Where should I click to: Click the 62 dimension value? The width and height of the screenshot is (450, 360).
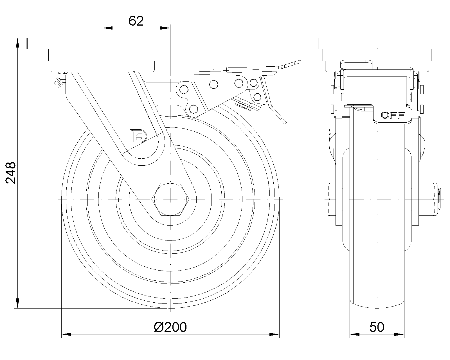point(136,21)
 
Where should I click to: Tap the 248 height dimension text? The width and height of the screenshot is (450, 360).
point(11,173)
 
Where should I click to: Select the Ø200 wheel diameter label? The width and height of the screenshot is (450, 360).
point(170,327)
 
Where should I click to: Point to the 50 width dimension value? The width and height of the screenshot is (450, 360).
point(377,327)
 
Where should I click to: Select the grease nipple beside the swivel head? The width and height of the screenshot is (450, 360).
point(59,81)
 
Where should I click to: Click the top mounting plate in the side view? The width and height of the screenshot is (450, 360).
point(377,43)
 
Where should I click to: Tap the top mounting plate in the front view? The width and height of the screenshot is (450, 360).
point(103,43)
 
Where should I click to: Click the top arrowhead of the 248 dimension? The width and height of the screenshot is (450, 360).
point(17,43)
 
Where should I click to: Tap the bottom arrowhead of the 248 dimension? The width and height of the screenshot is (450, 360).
point(17,303)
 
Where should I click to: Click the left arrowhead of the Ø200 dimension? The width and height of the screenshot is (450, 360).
point(66,334)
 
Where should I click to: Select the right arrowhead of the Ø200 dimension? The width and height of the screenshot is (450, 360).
point(274,334)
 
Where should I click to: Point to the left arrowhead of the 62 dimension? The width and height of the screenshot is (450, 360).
point(107,28)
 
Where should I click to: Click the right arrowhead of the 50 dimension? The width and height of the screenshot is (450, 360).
point(399,334)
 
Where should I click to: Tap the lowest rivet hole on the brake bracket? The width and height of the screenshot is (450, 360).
point(193,109)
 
